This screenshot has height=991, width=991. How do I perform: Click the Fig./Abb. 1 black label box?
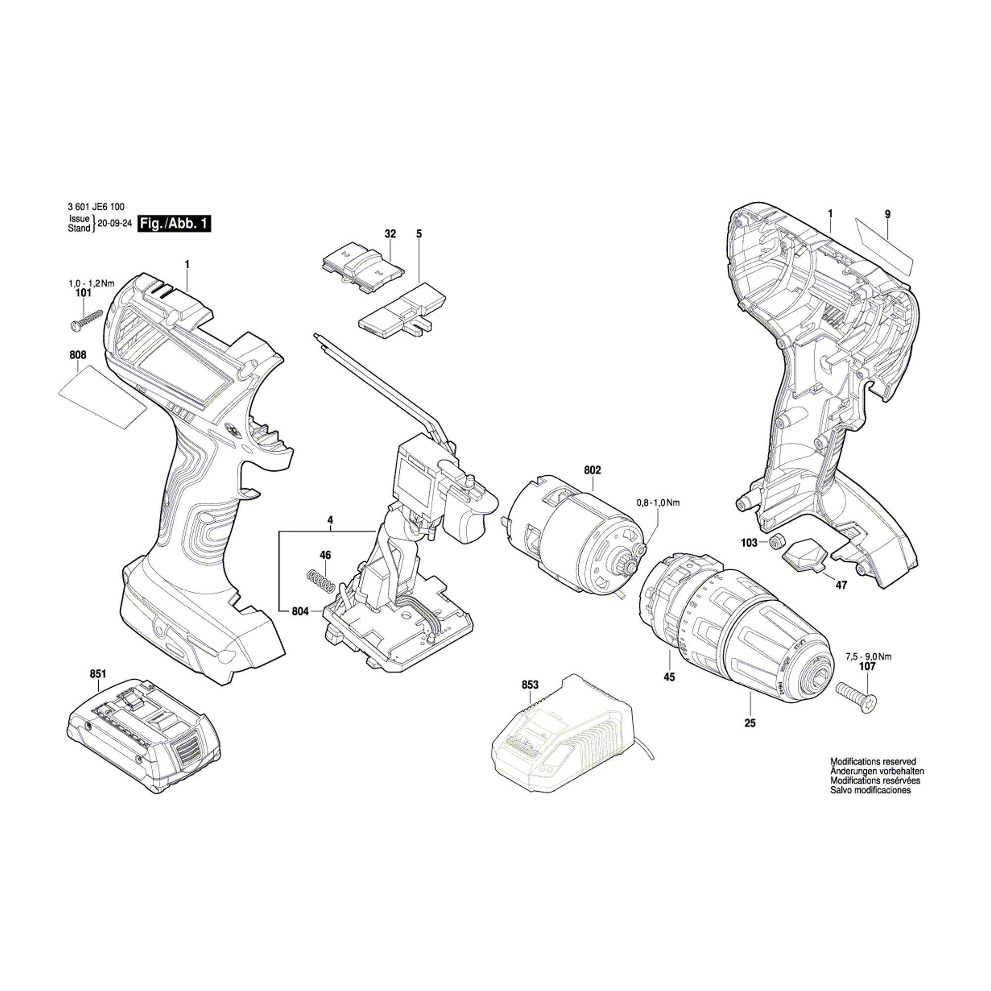click(174, 224)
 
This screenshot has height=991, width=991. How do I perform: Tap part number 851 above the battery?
click(98, 673)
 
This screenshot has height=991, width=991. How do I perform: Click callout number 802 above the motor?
click(592, 470)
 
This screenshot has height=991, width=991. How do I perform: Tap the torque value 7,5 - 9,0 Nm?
click(868, 656)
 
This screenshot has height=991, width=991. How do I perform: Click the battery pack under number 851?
click(144, 733)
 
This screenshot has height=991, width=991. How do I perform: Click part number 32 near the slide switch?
click(390, 234)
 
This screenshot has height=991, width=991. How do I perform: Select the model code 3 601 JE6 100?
click(96, 207)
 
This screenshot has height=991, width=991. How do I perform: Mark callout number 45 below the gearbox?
click(669, 676)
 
